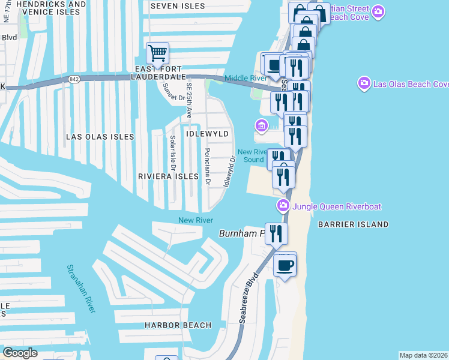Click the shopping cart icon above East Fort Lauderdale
157,53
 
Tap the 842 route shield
74,79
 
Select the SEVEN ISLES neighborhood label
173,6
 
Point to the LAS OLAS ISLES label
100,137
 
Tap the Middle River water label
244,79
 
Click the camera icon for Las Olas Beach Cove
364,83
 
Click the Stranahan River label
81,289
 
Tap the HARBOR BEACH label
178,325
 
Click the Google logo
20,353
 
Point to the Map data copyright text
424,355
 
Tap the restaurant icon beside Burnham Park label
276,233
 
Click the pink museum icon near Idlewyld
261,126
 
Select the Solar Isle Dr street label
172,152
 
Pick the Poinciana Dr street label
208,167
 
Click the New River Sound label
253,156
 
